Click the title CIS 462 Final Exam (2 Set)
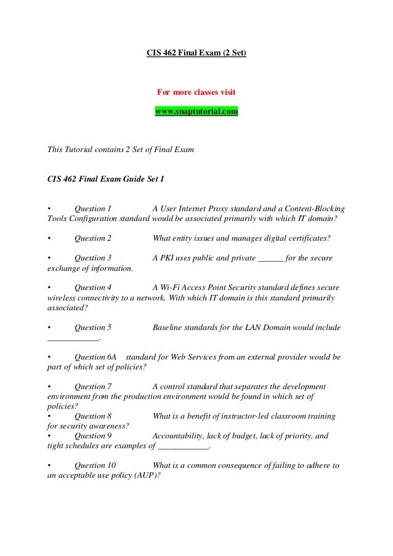pos(196,53)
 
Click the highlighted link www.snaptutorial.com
pos(196,112)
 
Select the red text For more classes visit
pos(196,93)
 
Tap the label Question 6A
pos(95,357)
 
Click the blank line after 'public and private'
pos(269,259)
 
